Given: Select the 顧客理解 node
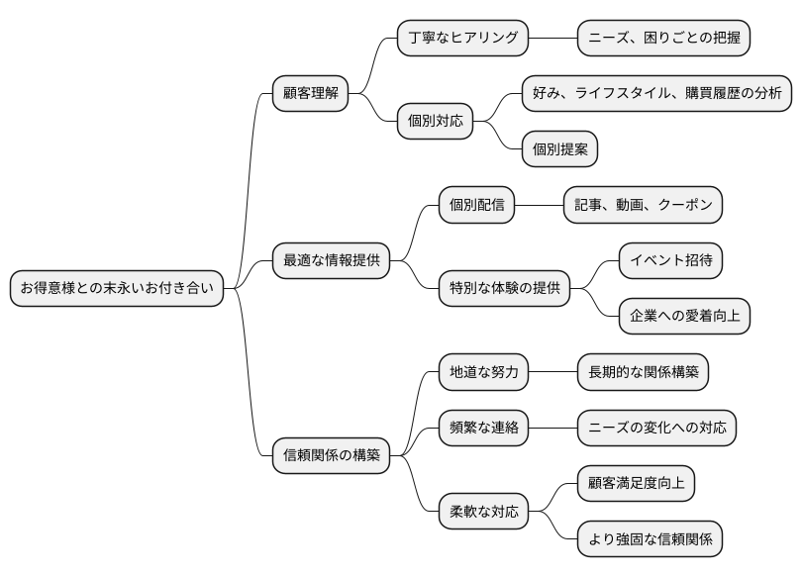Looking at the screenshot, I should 310,94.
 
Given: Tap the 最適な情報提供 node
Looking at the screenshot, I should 331,261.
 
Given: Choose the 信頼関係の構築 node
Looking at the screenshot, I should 331,456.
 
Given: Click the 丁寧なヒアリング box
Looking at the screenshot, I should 462,39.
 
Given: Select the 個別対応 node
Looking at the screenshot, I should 435,123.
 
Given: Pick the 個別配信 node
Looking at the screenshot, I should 476,206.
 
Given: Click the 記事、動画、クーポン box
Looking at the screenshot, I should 643,206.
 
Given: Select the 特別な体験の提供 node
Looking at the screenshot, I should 504,289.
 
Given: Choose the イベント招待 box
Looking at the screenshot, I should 670,261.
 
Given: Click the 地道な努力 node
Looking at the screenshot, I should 483,373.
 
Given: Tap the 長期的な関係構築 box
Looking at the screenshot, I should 643,373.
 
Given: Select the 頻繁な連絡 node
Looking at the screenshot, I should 483,429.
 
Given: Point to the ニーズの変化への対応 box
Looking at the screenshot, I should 656,429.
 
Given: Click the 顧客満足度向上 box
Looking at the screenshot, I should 636,484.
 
